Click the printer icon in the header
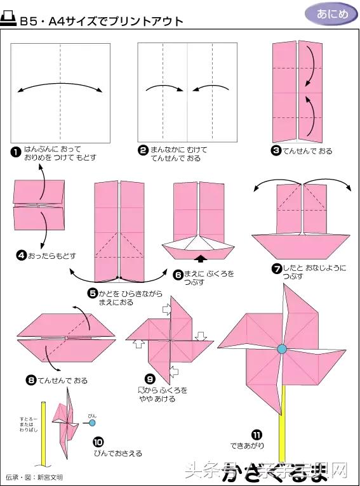click(10, 21)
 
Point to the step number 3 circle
click(276, 151)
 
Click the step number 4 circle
click(22, 256)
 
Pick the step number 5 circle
click(93, 292)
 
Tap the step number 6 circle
click(178, 274)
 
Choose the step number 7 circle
click(277, 268)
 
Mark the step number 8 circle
click(31, 381)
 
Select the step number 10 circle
click(98, 442)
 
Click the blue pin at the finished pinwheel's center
click(281, 348)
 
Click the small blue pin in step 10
click(92, 422)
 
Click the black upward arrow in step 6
click(201, 258)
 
